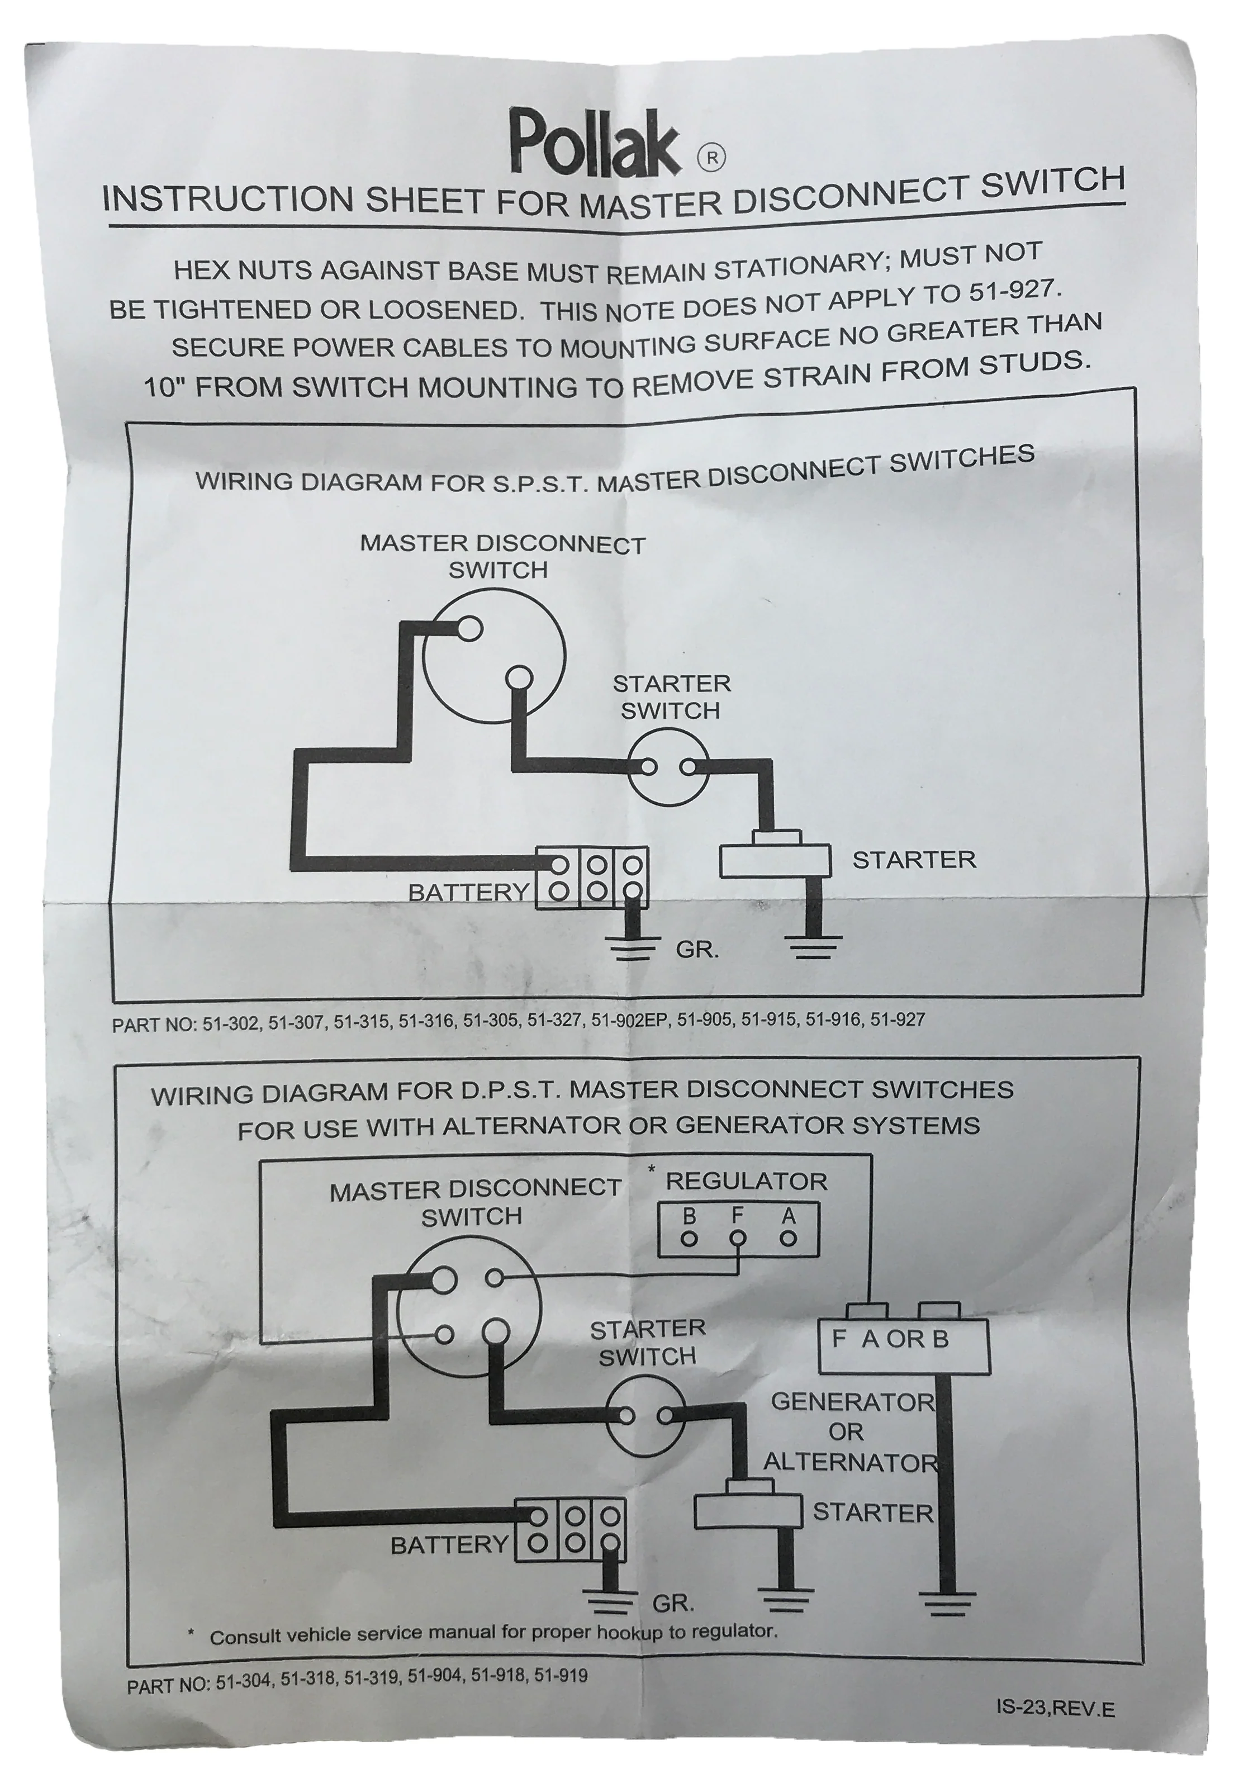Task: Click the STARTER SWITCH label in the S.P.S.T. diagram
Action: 671,697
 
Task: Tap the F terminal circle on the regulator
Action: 738,1238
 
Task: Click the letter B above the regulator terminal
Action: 689,1216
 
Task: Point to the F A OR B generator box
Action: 904,1345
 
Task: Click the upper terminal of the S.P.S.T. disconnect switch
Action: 469,628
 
